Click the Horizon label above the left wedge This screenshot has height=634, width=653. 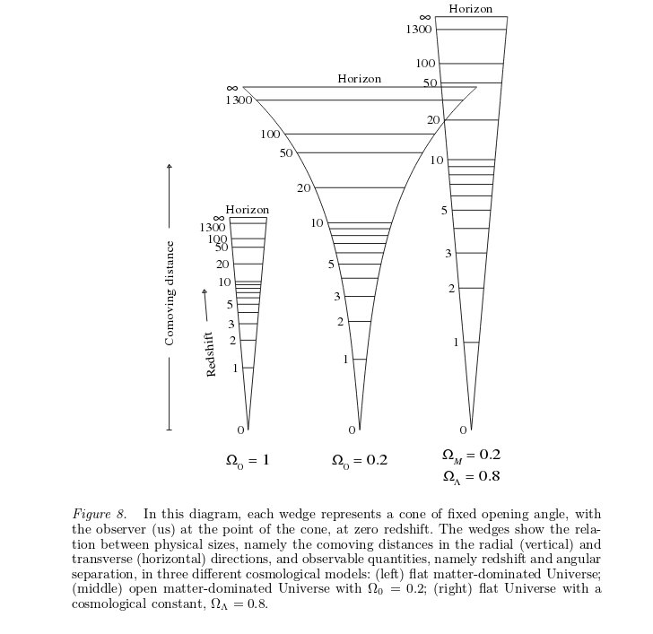tap(247, 210)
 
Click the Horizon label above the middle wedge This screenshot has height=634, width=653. tap(359, 79)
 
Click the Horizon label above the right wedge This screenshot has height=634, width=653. tap(470, 9)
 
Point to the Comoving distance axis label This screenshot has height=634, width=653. tap(170, 292)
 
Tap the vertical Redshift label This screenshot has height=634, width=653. tap(212, 353)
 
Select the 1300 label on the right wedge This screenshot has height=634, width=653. tap(418, 30)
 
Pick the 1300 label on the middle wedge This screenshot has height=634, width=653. tap(239, 100)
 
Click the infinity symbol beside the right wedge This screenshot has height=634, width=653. tap(425, 18)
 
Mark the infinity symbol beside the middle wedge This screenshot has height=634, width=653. tap(232, 88)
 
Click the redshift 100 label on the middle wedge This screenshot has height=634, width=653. tap(270, 135)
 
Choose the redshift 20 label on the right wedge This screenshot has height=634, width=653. tap(433, 120)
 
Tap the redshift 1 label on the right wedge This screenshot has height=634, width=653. tap(456, 343)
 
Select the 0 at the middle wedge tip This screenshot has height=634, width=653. tap(352, 430)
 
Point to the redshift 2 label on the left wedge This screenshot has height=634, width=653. tap(232, 341)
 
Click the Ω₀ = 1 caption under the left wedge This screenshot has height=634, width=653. tap(248, 461)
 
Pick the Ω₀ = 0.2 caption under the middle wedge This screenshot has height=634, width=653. tap(359, 461)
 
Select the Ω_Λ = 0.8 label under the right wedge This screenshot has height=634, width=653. tap(471, 477)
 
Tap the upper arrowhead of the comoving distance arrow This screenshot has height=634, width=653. tap(169, 166)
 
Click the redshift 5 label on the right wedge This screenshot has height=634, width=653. tap(444, 211)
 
